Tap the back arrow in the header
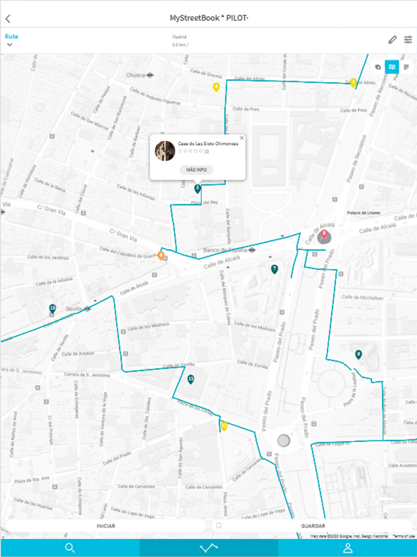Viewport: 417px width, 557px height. click(x=8, y=18)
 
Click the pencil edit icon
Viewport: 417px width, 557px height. click(x=392, y=40)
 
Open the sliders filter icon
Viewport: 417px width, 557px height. click(x=408, y=40)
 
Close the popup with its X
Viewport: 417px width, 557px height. click(x=241, y=138)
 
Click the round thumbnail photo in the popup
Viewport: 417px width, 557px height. click(x=164, y=150)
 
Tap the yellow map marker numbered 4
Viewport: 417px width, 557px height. click(x=216, y=87)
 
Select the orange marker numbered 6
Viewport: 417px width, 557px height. click(x=161, y=255)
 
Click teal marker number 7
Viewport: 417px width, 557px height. click(x=274, y=269)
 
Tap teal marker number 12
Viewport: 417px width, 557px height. click(x=191, y=379)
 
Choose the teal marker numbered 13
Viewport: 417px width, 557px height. click(x=52, y=308)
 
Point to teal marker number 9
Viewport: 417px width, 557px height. click(x=358, y=354)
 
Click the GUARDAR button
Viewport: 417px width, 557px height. click(x=313, y=526)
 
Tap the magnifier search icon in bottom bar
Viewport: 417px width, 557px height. click(x=70, y=548)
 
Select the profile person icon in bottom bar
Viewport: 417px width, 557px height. click(x=348, y=548)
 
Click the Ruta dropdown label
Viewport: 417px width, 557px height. click(x=11, y=36)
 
